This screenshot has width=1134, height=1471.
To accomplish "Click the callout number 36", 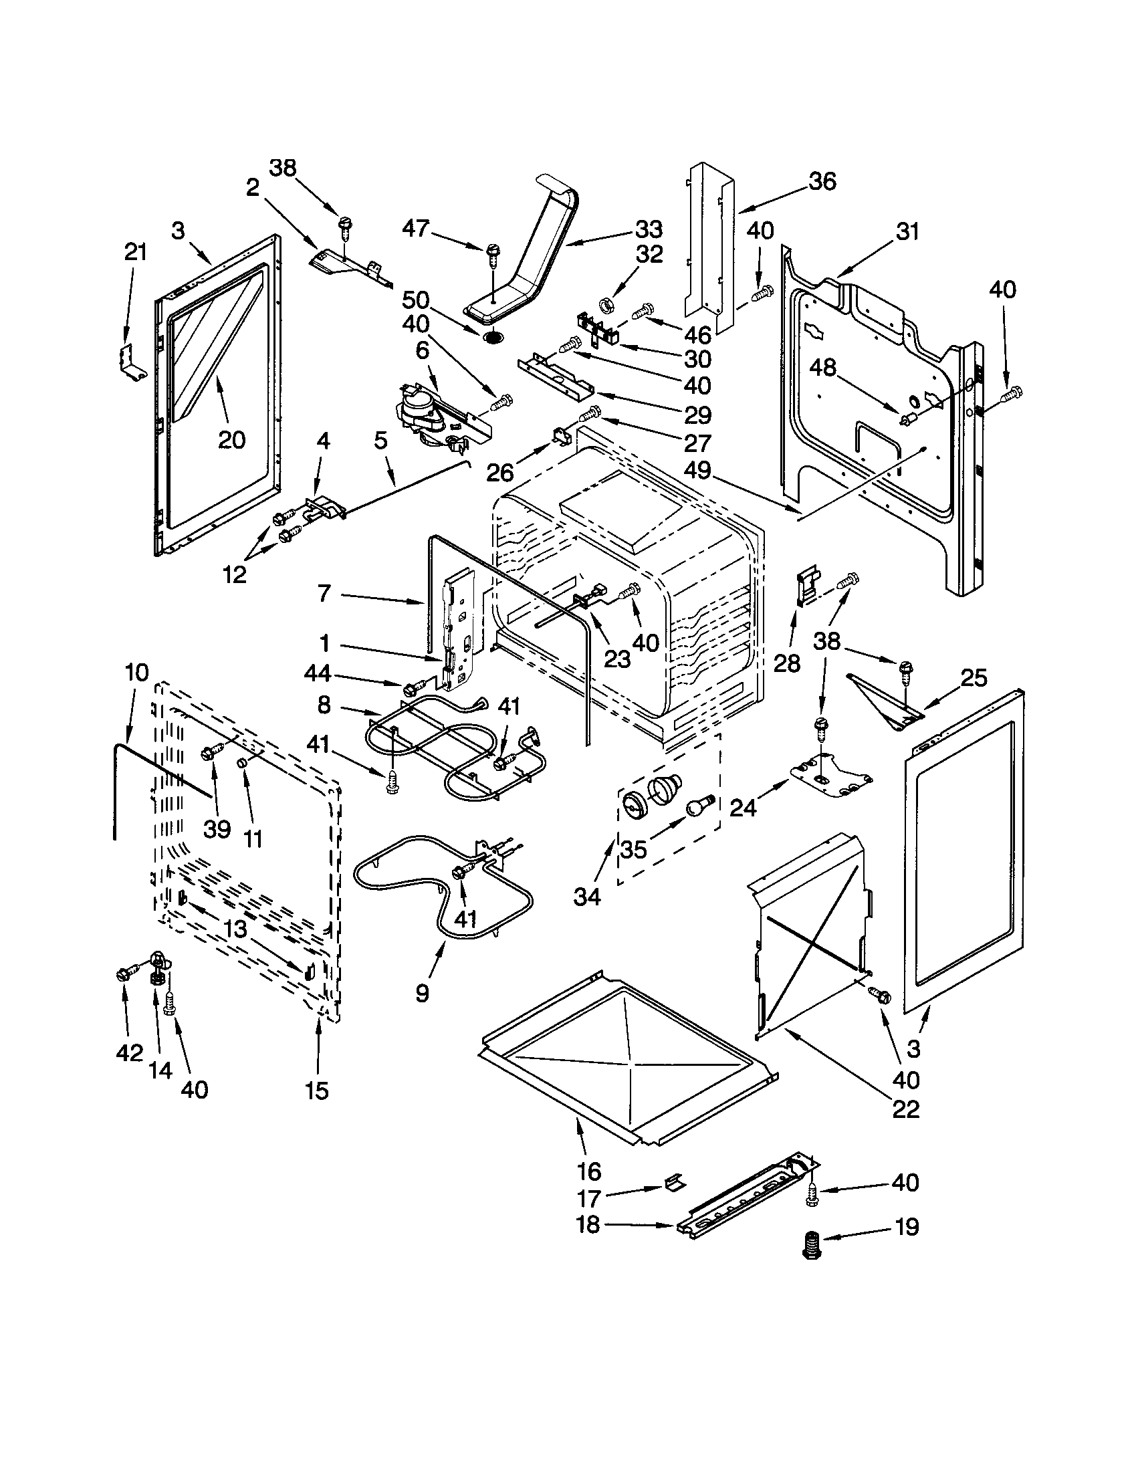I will pos(822,181).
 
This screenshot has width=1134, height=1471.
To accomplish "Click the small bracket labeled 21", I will pos(132,362).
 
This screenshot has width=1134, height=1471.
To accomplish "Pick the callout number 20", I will pos(231,440).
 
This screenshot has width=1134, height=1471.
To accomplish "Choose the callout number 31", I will pos(907,231).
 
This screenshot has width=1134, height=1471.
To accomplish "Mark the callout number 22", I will pos(906,1109).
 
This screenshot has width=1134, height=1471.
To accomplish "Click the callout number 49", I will pos(697,470).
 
